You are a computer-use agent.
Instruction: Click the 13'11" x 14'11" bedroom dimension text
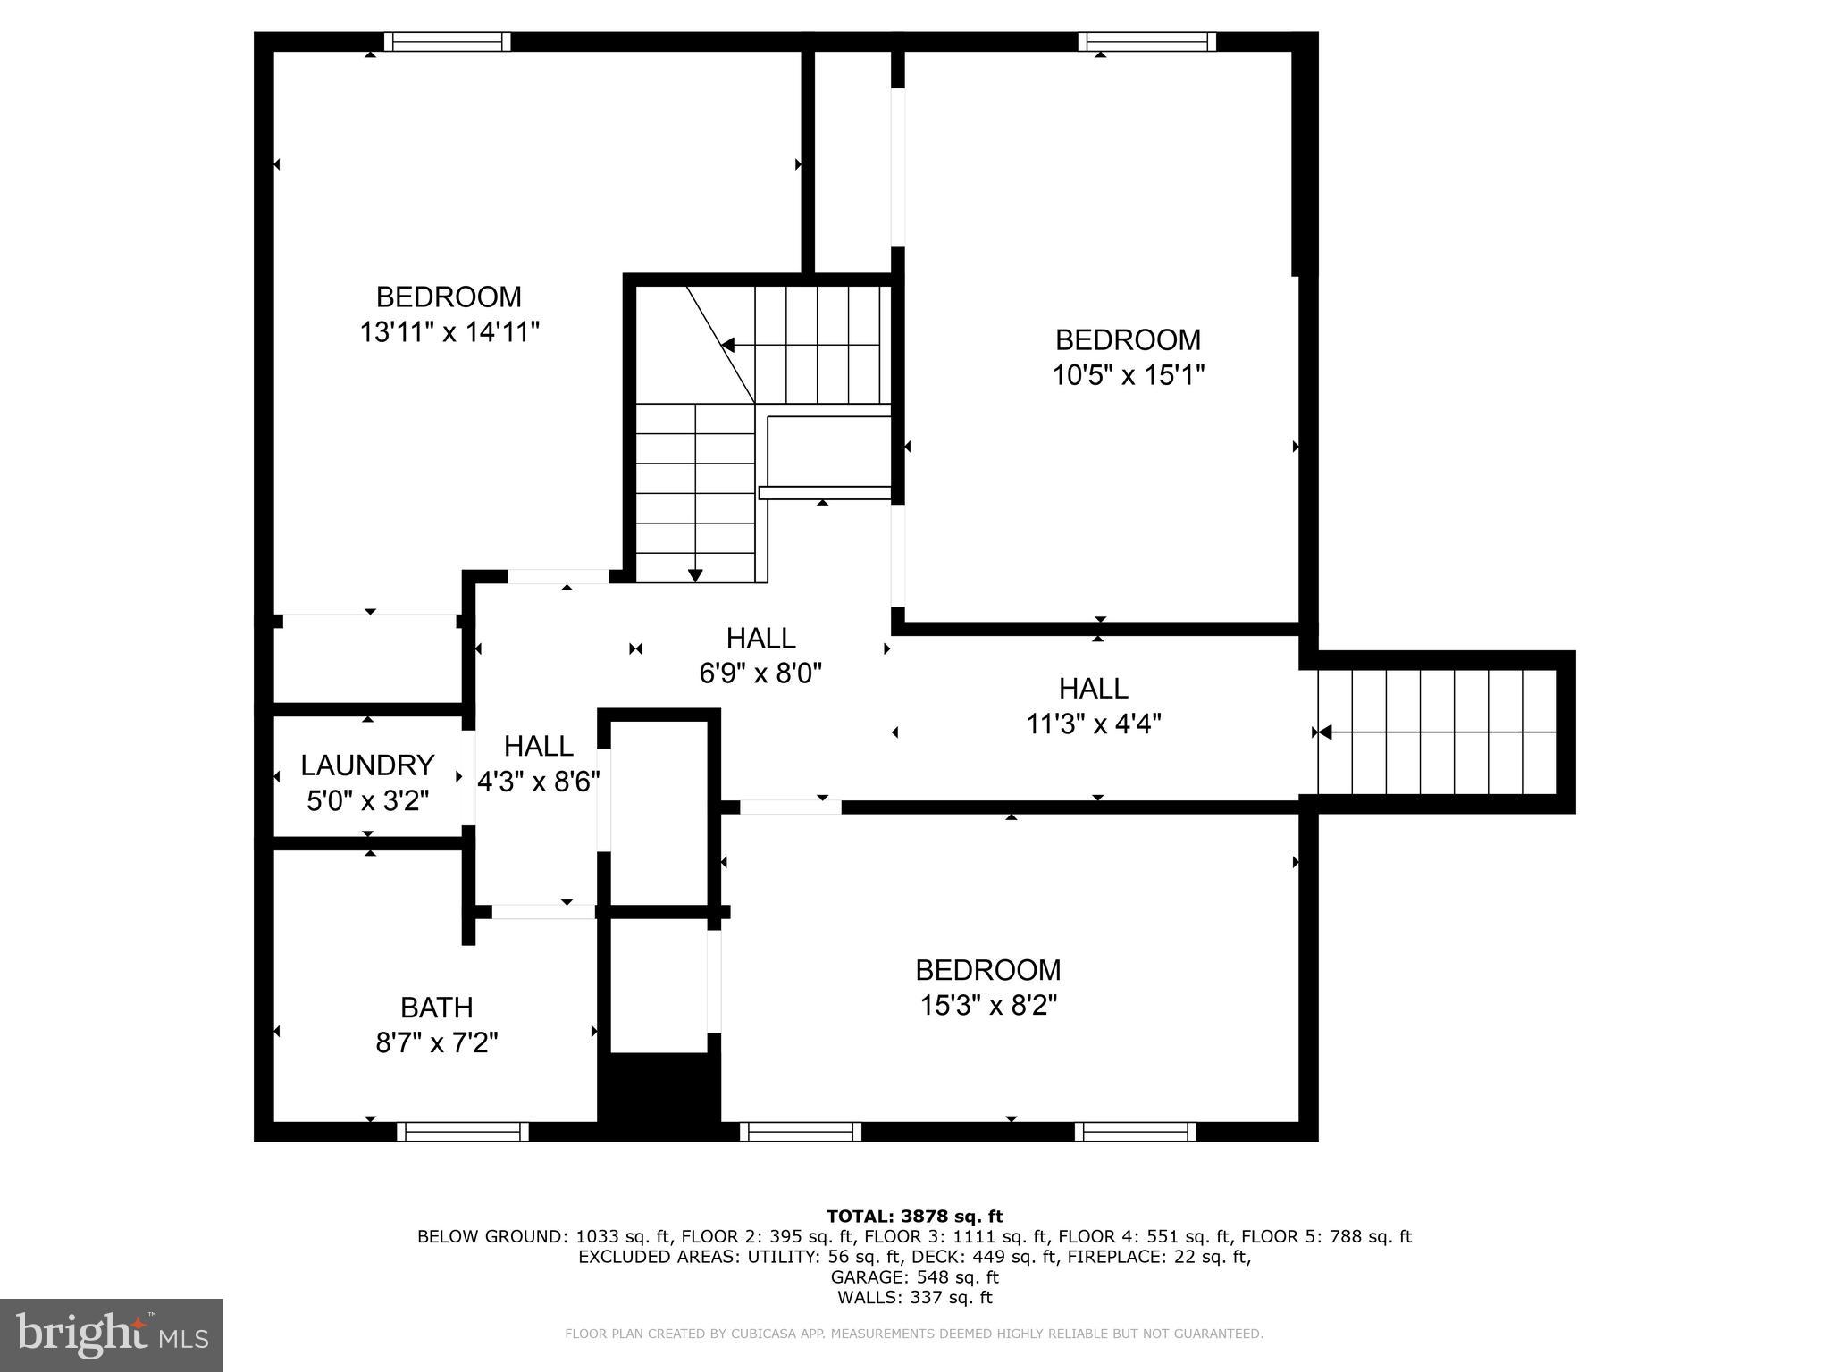449,332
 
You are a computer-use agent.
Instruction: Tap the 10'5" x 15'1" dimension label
1128,375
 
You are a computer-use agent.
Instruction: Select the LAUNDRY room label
367,765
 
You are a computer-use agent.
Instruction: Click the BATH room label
436,1008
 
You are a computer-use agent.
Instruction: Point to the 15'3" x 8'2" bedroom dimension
988,1006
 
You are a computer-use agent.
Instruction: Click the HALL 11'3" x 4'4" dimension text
1093,724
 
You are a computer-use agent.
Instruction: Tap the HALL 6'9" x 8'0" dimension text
760,673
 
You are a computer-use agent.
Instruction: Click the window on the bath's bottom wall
462,1132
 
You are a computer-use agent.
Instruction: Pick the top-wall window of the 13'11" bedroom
447,42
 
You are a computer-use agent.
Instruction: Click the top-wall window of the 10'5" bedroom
1146,42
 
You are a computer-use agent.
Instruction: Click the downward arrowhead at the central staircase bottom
695,575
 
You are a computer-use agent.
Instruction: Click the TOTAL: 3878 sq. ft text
914,1216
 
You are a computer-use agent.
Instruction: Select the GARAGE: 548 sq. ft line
914,1277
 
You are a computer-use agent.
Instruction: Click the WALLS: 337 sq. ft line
914,1298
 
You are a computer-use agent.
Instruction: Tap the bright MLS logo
112,1334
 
